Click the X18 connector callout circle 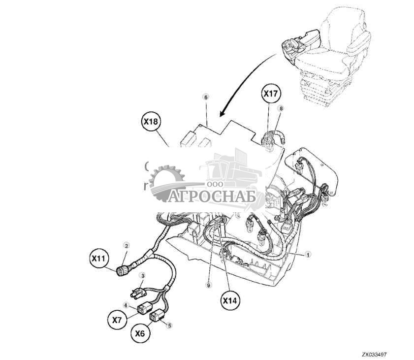tap(150, 122)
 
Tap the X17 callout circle tap(271, 93)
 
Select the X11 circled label tap(99, 259)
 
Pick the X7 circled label tap(117, 320)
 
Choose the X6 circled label tap(140, 333)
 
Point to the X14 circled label tap(230, 300)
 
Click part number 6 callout tap(206, 97)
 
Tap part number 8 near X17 tap(281, 108)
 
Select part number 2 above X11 tap(127, 246)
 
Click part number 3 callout tap(143, 275)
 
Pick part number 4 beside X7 tap(126, 305)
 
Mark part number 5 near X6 tap(169, 326)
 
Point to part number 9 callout tap(209, 285)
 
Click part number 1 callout tap(307, 254)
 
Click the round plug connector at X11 tap(123, 271)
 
